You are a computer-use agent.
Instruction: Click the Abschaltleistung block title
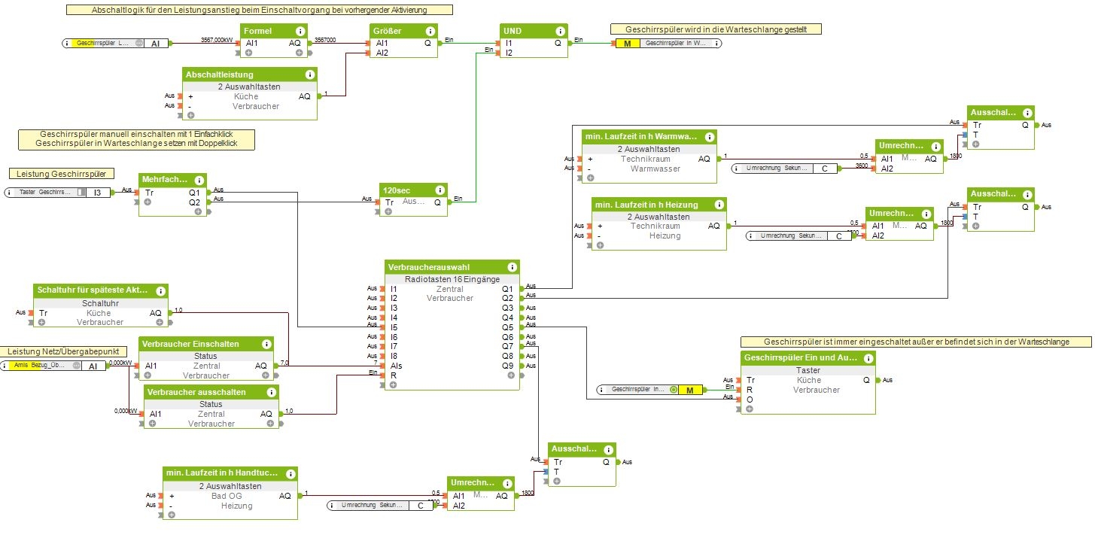coord(220,74)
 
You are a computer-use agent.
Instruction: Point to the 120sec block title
coord(397,190)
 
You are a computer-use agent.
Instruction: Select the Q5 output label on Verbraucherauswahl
coord(507,327)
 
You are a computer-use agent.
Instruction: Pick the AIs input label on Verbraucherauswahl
coord(396,365)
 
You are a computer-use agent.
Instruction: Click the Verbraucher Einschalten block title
coord(190,344)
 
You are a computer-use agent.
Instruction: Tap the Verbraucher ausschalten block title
coord(196,392)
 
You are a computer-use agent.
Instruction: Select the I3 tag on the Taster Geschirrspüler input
coord(98,192)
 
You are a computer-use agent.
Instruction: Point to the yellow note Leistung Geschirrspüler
coord(62,174)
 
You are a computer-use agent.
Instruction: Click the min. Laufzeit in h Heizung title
coord(646,205)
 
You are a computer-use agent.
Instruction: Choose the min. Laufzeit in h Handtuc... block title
coord(221,473)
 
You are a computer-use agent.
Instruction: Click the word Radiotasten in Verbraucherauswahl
coord(427,279)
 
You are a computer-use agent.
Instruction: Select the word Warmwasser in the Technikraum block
coord(655,169)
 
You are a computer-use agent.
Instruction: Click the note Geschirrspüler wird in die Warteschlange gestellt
coord(716,29)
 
